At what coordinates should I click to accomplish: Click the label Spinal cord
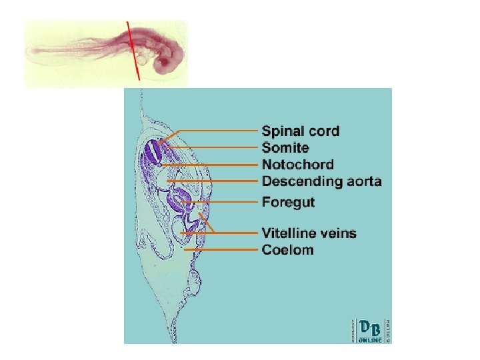[300, 131]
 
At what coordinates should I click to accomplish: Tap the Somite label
[285, 147]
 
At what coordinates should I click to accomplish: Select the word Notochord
[298, 164]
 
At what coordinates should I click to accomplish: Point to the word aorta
[360, 181]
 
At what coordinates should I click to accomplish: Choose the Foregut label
[288, 201]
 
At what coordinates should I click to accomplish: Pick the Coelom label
[287, 250]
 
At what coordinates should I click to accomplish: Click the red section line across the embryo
[133, 50]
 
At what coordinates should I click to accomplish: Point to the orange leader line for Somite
[213, 147]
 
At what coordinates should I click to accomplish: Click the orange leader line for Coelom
[220, 250]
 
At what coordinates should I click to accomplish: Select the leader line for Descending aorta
[213, 181]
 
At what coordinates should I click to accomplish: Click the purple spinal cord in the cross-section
[153, 153]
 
